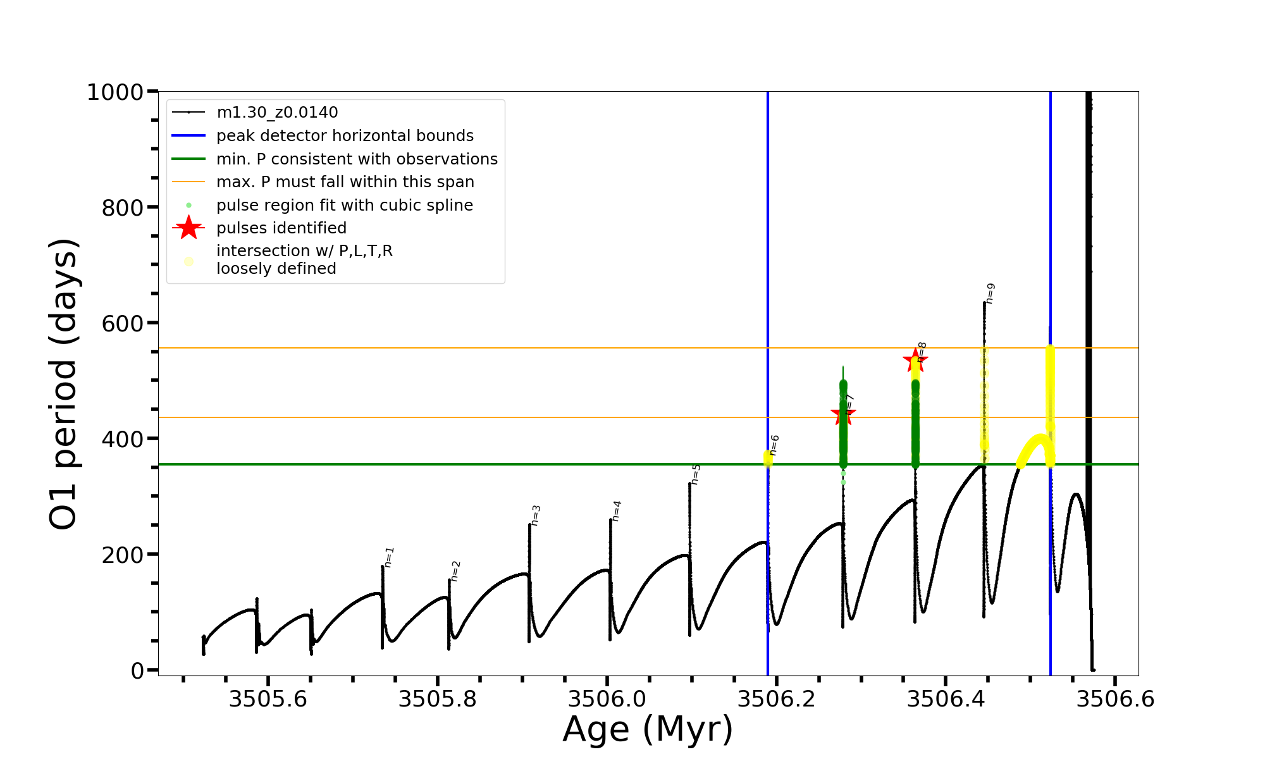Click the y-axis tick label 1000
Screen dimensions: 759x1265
[x=115, y=92]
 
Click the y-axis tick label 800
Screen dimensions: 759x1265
[x=123, y=207]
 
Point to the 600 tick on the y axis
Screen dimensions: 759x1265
[x=123, y=323]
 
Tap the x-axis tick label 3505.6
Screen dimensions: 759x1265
[x=268, y=699]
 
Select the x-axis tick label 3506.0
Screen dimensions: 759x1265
[x=607, y=699]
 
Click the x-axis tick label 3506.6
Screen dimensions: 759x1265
[x=1115, y=699]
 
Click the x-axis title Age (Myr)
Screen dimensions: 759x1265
[x=648, y=729]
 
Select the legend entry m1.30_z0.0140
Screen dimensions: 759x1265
[x=277, y=113]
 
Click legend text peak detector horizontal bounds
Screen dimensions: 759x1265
[x=345, y=136]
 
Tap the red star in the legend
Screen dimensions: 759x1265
[x=188, y=228]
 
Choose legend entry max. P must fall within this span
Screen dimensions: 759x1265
[x=345, y=182]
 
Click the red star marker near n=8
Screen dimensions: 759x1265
[x=915, y=361]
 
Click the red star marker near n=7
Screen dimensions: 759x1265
[x=842, y=415]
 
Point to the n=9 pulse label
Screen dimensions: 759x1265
[x=990, y=293]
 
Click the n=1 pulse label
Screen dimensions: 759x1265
[x=389, y=557]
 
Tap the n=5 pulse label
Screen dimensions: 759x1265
[x=696, y=474]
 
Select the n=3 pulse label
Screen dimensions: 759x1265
[x=536, y=515]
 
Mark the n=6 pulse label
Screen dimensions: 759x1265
[x=774, y=445]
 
